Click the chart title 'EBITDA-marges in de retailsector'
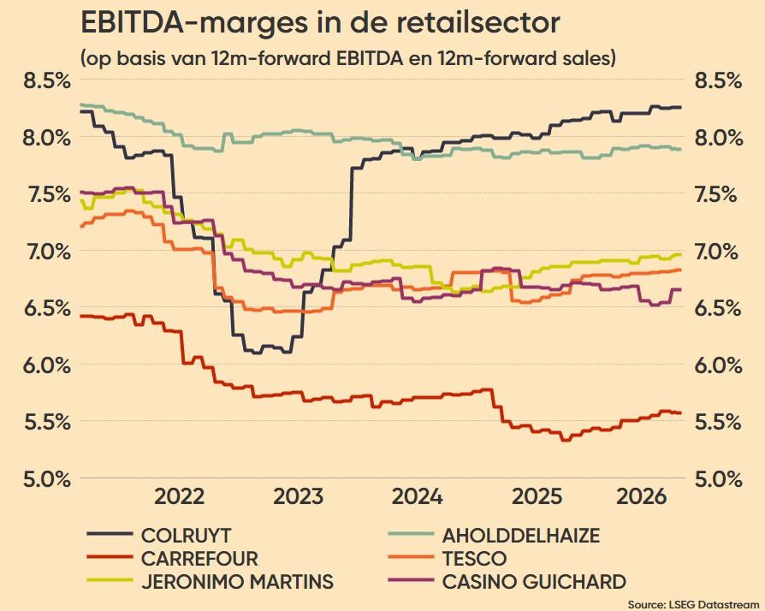tap(320, 23)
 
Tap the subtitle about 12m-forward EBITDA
tap(348, 58)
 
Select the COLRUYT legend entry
tap(158, 536)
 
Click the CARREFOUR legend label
tap(172, 558)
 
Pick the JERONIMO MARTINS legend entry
tap(210, 581)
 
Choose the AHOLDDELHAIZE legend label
tap(493, 536)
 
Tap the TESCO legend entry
tap(447, 558)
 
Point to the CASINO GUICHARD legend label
tap(507, 581)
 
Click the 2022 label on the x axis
tap(179, 497)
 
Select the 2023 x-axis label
tap(298, 497)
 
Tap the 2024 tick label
tap(417, 497)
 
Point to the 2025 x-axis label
tap(537, 497)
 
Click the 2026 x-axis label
tap(642, 497)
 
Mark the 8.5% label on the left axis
tap(47, 81)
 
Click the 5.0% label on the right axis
tap(718, 478)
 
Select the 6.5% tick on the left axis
tap(47, 308)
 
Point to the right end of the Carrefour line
tap(681, 413)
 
